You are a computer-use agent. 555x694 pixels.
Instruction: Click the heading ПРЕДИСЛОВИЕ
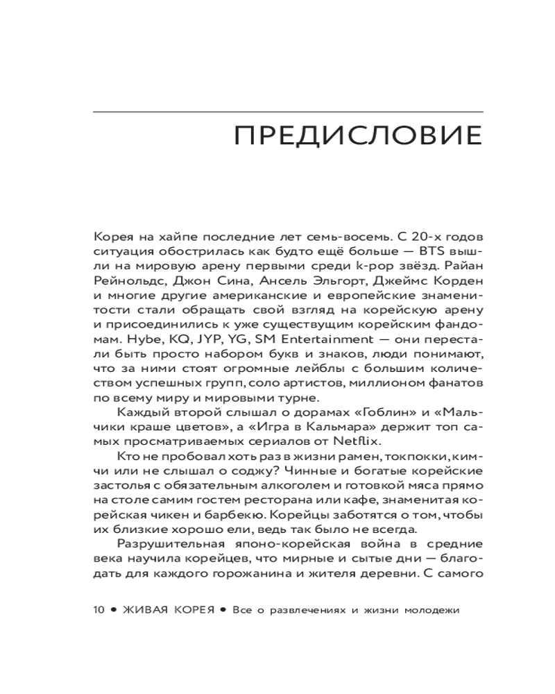click(x=359, y=135)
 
